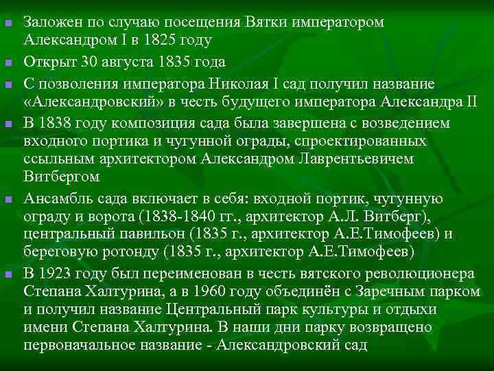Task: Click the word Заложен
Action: tap(49, 23)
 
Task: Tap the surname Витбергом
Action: tap(61, 177)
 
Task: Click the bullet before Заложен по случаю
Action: tap(8, 24)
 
